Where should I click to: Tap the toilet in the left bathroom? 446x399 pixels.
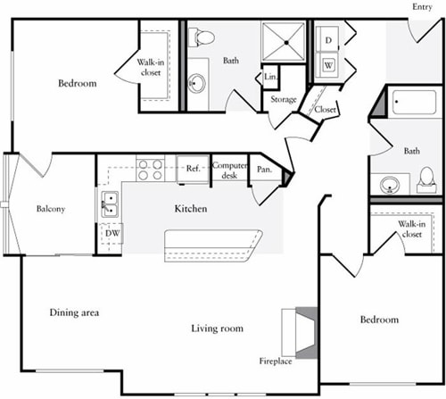click(204, 38)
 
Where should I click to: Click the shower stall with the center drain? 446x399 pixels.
click(284, 41)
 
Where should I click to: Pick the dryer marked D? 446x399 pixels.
click(328, 41)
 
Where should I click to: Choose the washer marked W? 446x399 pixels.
click(328, 65)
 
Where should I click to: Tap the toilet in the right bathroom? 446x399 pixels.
click(426, 181)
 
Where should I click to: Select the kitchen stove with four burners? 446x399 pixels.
click(150, 168)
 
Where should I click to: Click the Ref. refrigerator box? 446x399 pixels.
click(192, 168)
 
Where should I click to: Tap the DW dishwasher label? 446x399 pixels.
click(111, 235)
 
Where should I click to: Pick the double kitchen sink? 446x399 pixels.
click(111, 204)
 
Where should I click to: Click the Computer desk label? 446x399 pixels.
click(229, 170)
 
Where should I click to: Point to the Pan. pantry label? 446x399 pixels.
click(263, 170)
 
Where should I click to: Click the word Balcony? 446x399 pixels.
click(49, 209)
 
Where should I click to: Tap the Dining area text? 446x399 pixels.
click(74, 313)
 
